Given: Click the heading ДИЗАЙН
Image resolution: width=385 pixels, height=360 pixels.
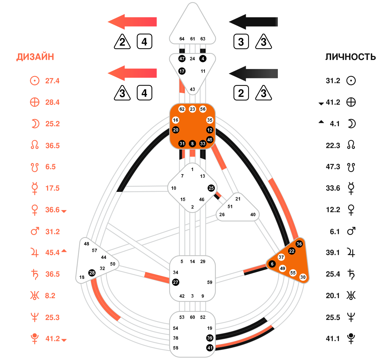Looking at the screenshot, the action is [x=35, y=57].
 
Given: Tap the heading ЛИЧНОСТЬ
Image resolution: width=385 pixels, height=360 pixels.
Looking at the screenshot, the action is [x=350, y=57].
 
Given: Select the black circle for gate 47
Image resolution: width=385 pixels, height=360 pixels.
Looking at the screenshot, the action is [x=182, y=59].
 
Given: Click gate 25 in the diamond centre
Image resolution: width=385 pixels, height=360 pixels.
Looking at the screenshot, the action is [x=211, y=188].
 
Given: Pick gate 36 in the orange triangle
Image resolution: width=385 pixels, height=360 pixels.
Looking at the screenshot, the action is [x=299, y=244].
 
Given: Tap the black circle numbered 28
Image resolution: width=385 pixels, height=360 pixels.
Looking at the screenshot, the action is [x=92, y=273].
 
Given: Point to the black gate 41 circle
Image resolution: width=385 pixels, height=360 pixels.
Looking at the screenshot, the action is [x=210, y=348].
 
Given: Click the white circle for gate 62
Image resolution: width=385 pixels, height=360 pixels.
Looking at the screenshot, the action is [x=182, y=109].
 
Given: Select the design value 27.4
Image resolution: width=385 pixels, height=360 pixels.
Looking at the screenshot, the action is [x=52, y=81].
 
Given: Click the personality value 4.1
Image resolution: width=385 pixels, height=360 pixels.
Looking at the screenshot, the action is [x=335, y=124].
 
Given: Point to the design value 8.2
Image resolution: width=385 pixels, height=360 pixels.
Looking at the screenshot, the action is [x=50, y=296].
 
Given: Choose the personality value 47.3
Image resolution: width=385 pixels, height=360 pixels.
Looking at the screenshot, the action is [x=333, y=167].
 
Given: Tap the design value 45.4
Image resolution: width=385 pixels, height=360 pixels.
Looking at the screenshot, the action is [x=52, y=253].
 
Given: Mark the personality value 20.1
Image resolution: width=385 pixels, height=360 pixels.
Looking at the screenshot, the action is [x=333, y=296].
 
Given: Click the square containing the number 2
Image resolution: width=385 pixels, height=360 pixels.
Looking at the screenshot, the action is [x=241, y=93].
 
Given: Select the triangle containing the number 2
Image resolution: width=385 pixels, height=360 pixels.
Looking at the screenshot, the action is [x=122, y=42].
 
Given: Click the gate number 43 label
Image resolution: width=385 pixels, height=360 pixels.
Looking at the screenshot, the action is [x=192, y=90].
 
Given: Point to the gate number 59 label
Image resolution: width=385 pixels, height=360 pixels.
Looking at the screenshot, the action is [x=210, y=282].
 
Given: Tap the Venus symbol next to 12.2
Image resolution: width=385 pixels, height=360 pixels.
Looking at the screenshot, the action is [x=351, y=210].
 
